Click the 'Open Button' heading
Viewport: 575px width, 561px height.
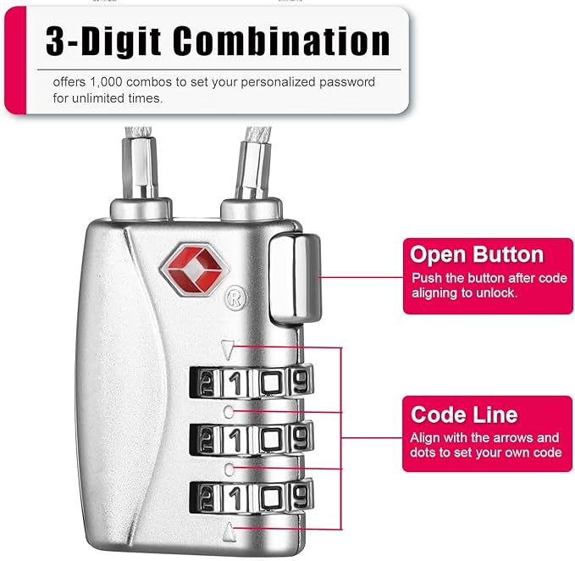click(476, 254)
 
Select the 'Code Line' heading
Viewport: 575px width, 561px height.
click(463, 414)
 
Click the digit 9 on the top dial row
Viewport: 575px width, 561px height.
click(300, 382)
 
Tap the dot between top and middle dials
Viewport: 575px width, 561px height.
click(230, 411)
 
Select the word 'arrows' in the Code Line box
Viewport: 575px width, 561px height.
click(516, 438)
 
